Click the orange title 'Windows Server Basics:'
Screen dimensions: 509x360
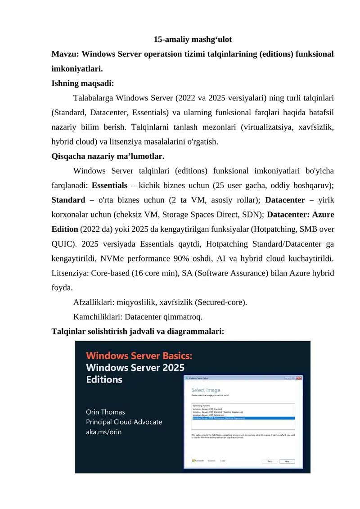tap(139, 356)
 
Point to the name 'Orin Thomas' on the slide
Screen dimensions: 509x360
tap(105, 412)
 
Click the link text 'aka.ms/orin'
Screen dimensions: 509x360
tap(103, 432)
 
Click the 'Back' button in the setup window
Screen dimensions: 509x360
tap(270, 461)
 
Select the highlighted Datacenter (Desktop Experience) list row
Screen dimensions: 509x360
tap(243, 418)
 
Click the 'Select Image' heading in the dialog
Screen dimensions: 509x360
tap(206, 390)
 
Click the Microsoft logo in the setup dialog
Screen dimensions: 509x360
tap(198, 461)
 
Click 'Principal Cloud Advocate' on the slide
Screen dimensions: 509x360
tap(124, 422)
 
